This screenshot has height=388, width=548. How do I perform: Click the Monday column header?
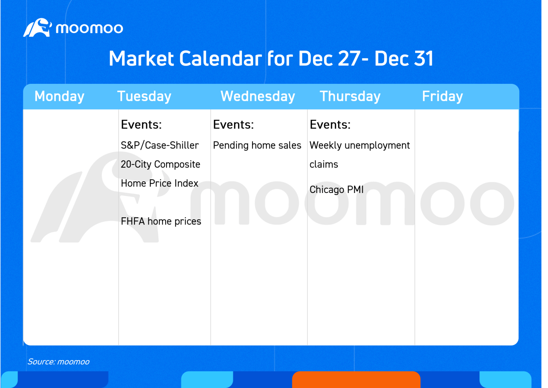pyautogui.click(x=60, y=96)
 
